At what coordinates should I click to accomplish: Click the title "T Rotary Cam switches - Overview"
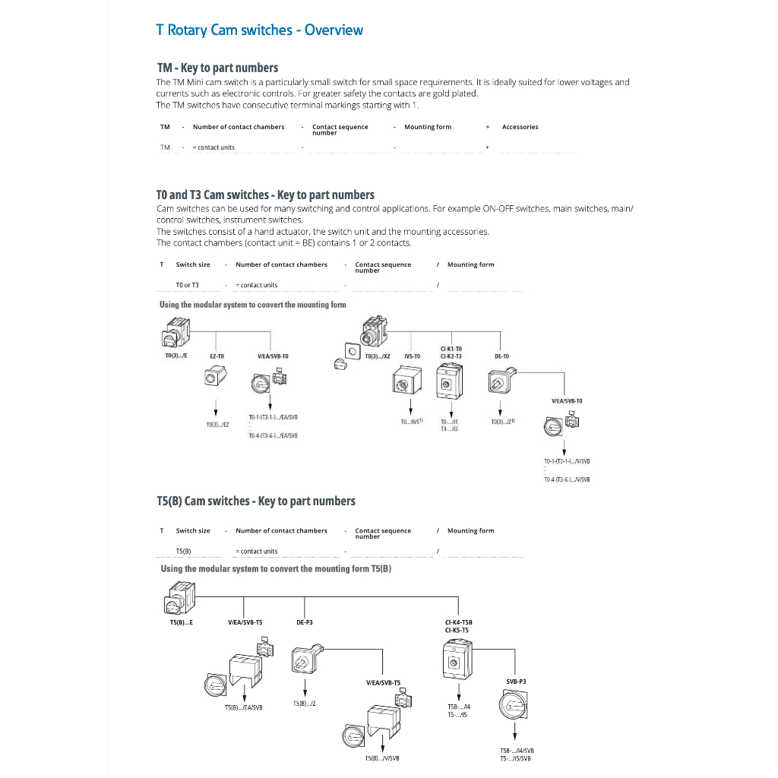point(259,30)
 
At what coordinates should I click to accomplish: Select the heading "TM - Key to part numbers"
point(217,68)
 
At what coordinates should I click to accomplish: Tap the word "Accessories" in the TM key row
point(520,127)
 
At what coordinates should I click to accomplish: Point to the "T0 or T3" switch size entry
point(187,285)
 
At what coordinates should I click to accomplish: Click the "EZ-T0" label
point(217,356)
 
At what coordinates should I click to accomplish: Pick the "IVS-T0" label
point(412,356)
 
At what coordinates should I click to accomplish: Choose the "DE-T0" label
point(501,356)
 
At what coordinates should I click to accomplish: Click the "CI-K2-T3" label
point(451,356)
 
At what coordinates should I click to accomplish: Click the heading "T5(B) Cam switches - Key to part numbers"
point(256,501)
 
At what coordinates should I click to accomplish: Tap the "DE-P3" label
point(305,622)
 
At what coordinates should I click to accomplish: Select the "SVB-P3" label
point(516,682)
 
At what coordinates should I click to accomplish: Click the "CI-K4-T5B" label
point(458,622)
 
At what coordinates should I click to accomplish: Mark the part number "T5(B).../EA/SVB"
point(243,707)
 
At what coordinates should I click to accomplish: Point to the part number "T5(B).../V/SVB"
point(382,758)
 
